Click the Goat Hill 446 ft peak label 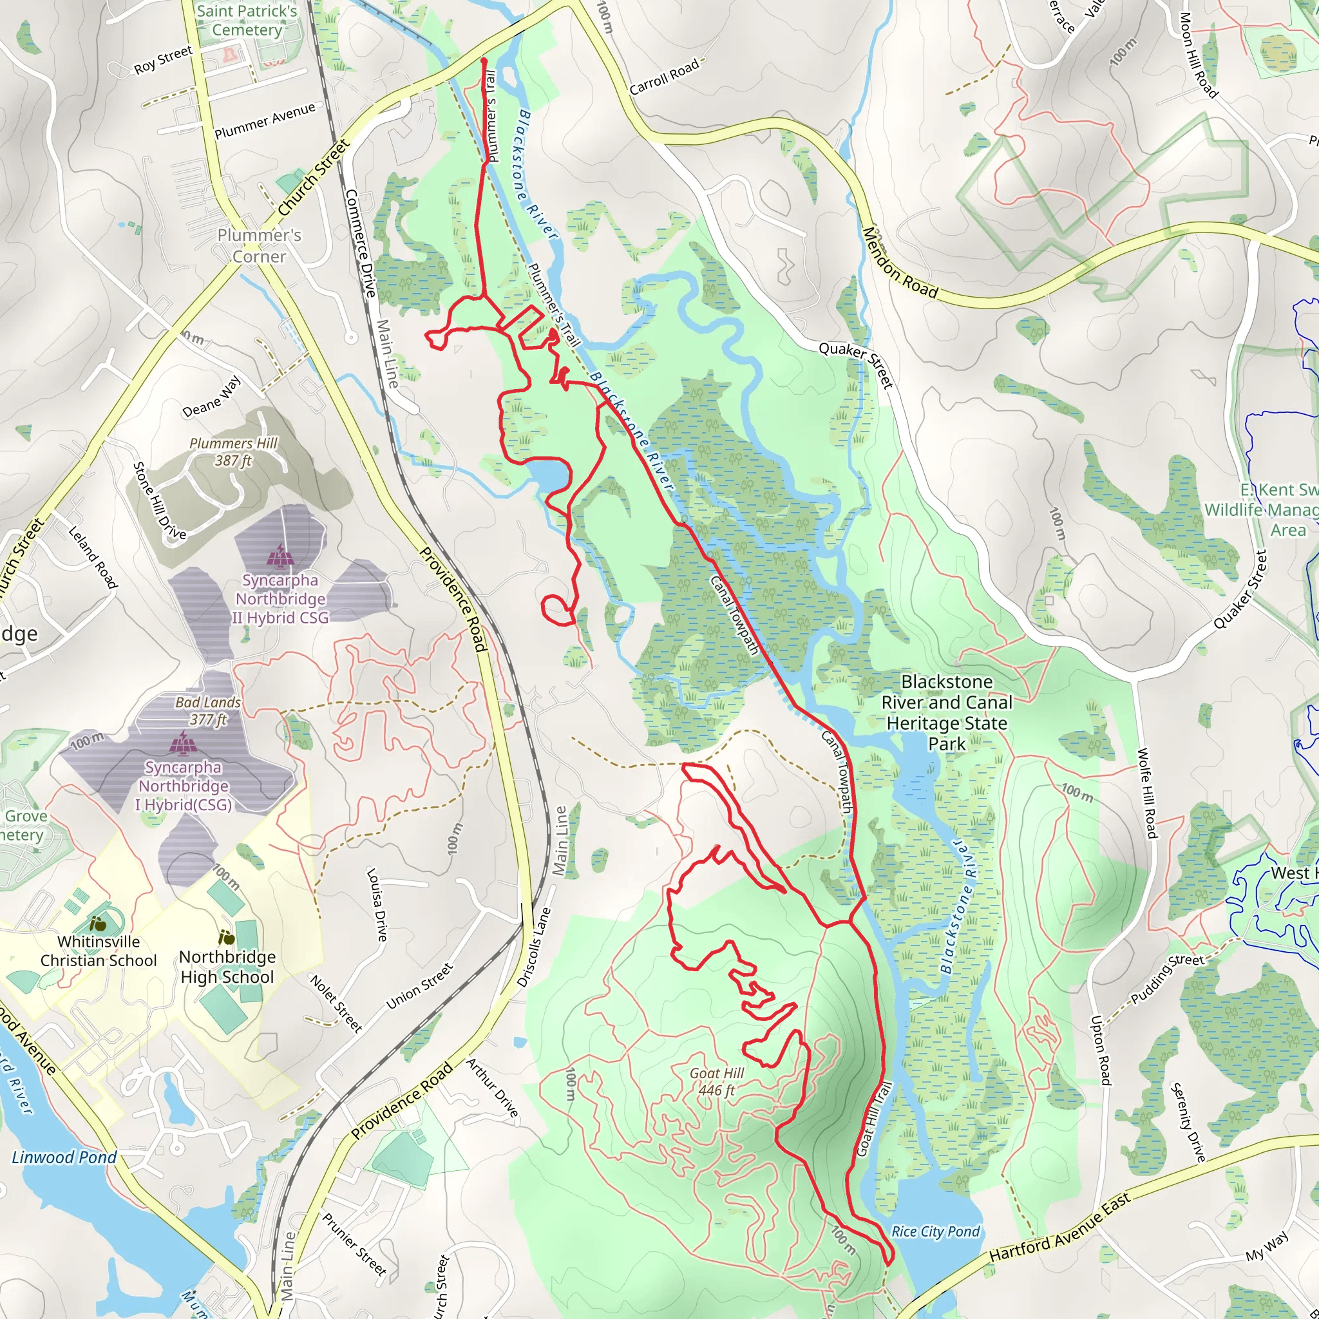point(716,1081)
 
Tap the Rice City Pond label point(935,1231)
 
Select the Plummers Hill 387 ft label point(234,452)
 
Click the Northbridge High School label point(227,967)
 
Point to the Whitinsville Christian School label point(99,951)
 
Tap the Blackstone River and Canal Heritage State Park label point(946,713)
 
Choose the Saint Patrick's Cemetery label point(247,21)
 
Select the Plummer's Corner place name point(260,246)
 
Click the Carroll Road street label point(664,77)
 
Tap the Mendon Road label point(900,263)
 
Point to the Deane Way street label point(212,396)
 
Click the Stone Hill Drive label point(159,500)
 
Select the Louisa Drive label point(377,905)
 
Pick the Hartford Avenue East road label point(1059,1236)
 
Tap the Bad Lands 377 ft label point(208,711)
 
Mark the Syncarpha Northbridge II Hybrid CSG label point(280,599)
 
